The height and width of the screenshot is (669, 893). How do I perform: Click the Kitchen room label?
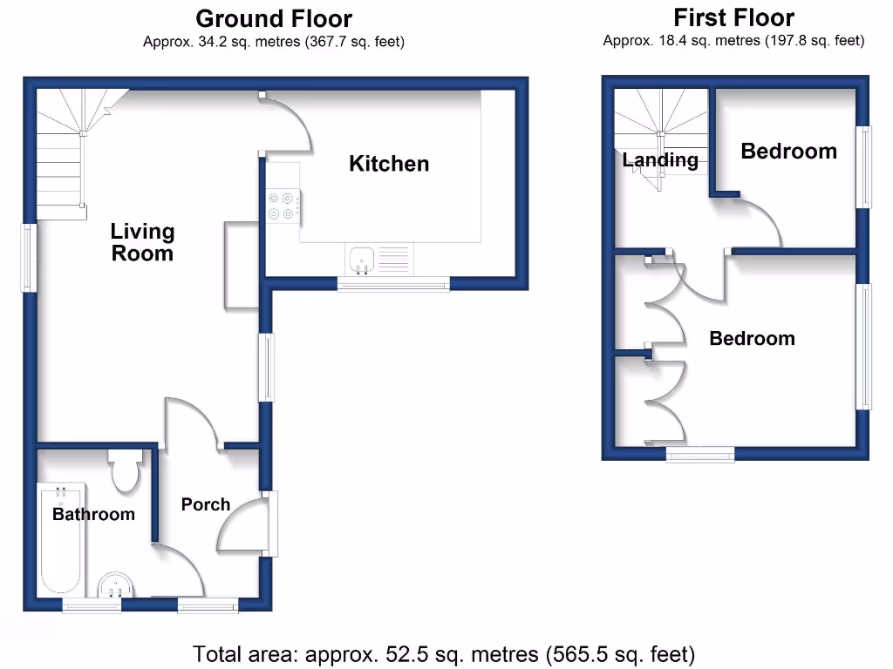389,164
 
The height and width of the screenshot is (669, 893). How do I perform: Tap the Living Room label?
142,243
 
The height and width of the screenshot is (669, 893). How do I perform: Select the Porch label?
206,504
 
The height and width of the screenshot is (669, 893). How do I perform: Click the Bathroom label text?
93,514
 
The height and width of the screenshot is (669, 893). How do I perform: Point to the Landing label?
660,160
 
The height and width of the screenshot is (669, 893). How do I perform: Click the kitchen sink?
362,259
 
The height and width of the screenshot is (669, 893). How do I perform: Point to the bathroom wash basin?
113,585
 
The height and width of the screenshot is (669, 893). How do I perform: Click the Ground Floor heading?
274,18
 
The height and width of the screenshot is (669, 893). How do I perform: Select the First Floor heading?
733,17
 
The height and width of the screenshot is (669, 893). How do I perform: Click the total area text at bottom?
444,653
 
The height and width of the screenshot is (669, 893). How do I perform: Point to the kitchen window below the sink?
393,283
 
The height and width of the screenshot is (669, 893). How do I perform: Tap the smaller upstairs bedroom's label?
788,152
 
